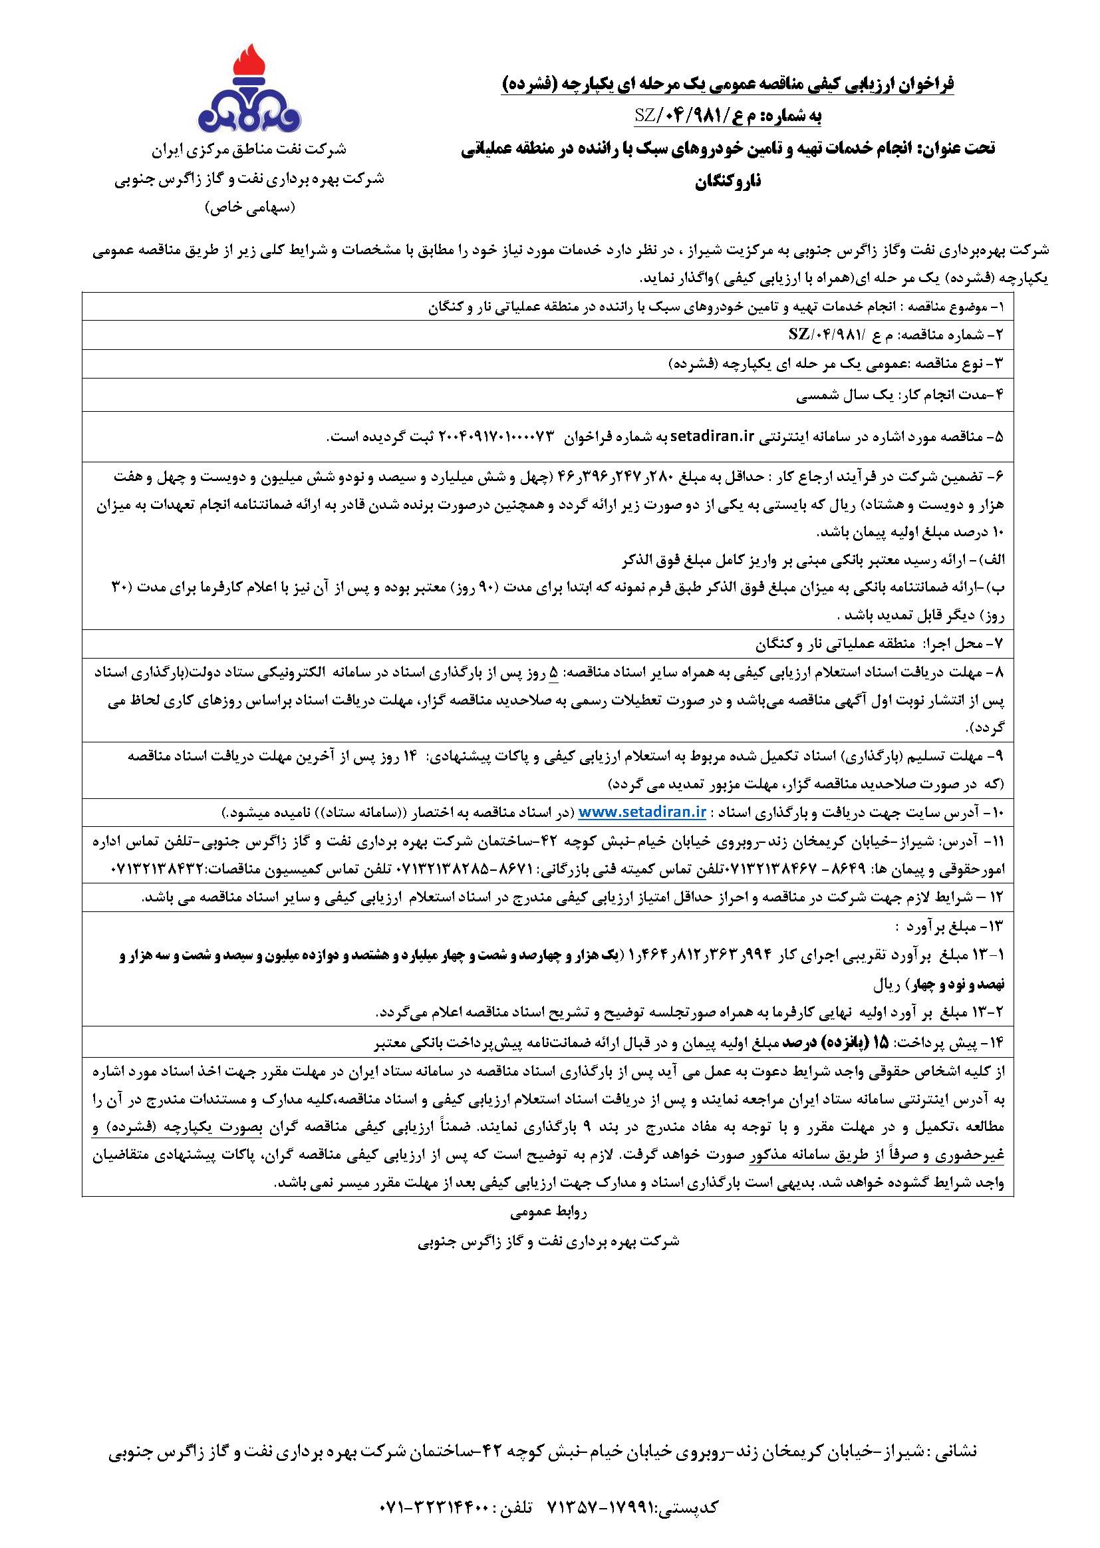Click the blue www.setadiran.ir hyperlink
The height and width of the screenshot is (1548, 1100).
tap(643, 812)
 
